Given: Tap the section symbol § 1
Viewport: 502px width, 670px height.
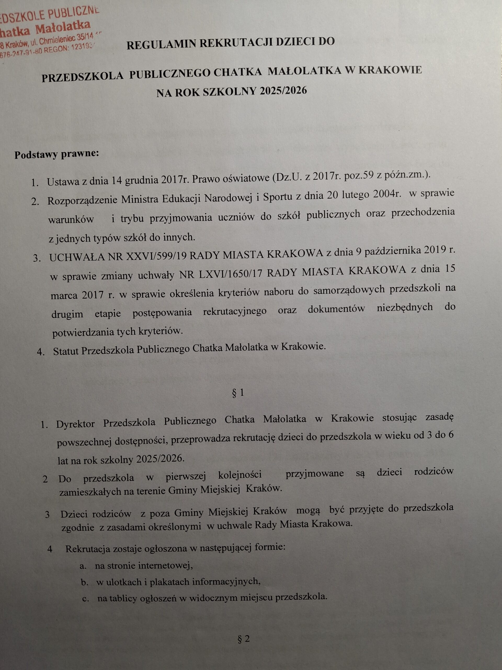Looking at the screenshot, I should click(237, 393).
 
